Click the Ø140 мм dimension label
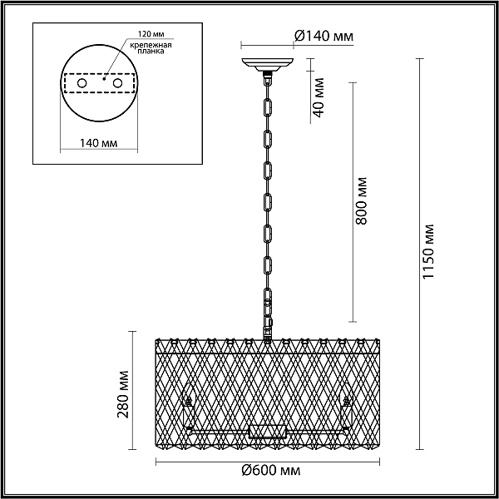click(x=324, y=36)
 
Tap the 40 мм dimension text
click(x=318, y=97)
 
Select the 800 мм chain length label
click(x=361, y=200)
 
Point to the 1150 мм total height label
click(x=427, y=251)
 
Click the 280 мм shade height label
click(x=123, y=394)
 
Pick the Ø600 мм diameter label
click(x=271, y=470)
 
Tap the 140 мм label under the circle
click(x=98, y=143)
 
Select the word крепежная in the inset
click(x=151, y=45)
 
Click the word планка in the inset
click(x=151, y=51)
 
